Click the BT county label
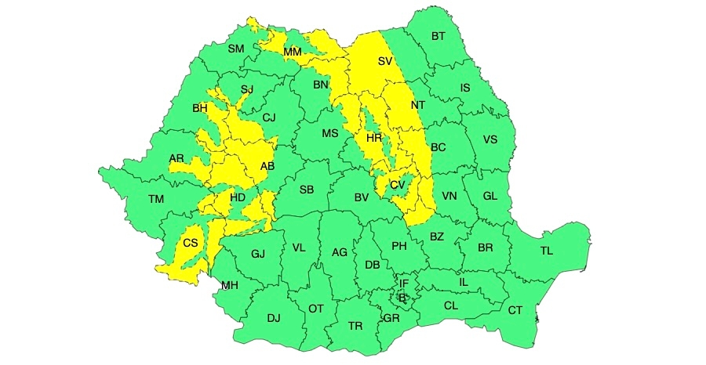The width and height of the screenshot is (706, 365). click(438, 36)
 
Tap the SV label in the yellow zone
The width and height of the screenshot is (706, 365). click(384, 61)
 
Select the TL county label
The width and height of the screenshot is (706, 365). click(546, 251)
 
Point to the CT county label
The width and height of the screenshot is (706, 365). click(515, 311)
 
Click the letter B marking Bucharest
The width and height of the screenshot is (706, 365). click(402, 298)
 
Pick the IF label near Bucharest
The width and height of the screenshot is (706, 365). click(404, 284)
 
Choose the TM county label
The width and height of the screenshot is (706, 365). click(156, 200)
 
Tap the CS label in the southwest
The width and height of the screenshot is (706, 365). click(191, 244)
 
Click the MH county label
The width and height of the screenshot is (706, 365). click(229, 285)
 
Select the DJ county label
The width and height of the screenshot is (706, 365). click(273, 318)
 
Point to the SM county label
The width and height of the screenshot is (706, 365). click(236, 49)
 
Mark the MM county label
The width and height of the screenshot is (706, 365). click(293, 52)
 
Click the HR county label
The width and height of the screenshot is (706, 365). click(373, 138)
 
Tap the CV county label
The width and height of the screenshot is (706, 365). click(397, 185)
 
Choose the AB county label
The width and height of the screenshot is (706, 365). click(267, 166)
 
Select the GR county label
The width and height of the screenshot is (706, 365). click(391, 318)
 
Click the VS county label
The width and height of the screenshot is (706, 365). click(490, 140)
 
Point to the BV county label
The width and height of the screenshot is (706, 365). click(361, 197)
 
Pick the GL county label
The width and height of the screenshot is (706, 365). click(490, 196)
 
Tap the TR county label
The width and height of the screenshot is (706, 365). click(355, 326)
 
